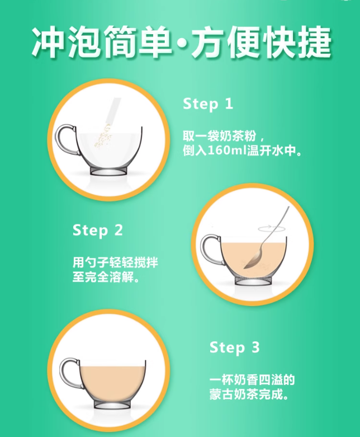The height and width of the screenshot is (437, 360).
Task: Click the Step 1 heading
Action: point(208,105)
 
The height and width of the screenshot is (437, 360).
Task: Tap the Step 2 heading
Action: point(97,231)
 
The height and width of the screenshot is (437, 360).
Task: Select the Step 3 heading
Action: point(234,348)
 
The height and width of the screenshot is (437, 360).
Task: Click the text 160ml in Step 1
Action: point(228,151)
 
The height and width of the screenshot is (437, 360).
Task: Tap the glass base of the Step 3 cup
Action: point(112,405)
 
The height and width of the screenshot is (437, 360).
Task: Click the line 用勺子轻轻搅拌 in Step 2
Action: point(115,262)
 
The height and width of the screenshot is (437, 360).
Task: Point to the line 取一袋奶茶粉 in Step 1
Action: point(220,137)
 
